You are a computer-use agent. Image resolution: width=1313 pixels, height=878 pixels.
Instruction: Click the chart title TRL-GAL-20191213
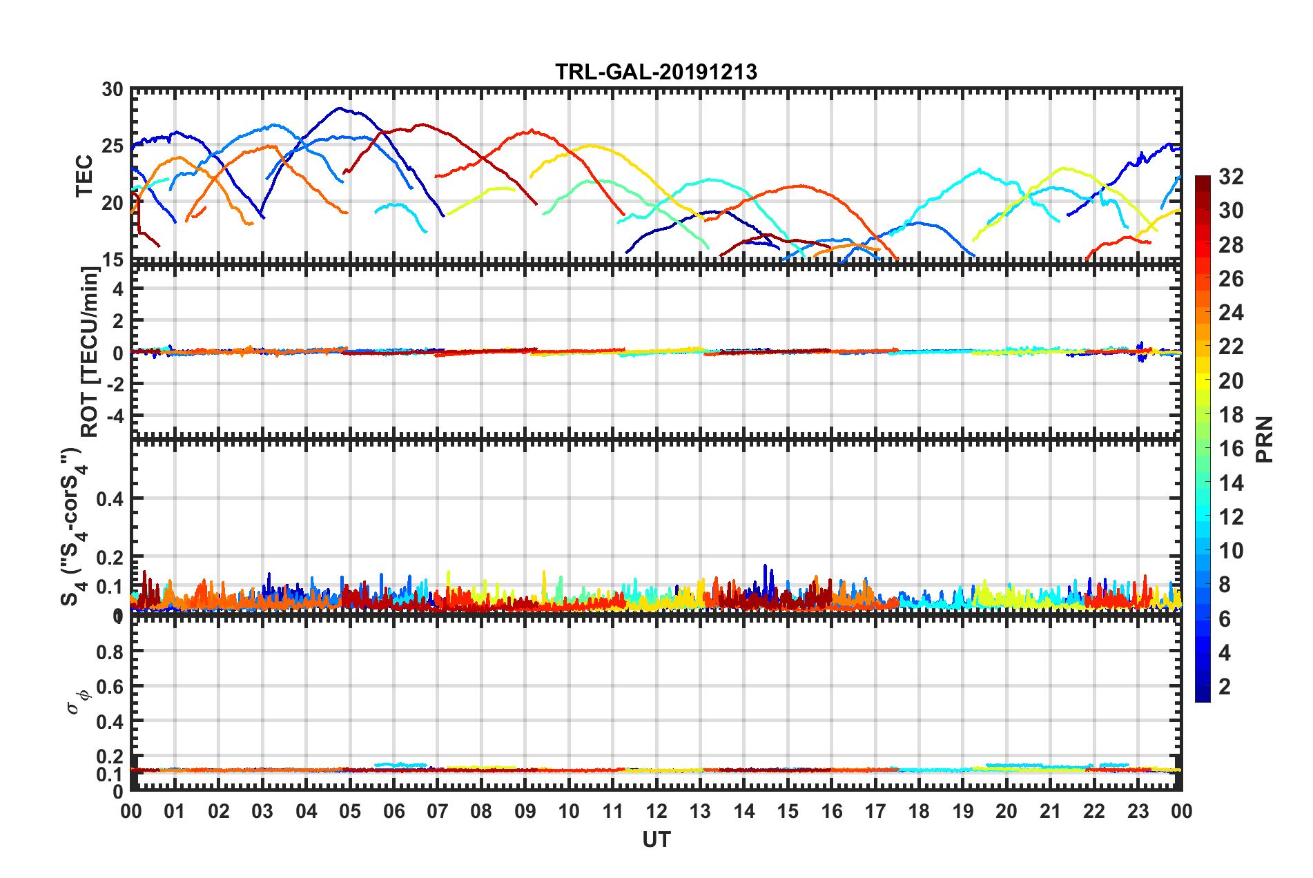656,72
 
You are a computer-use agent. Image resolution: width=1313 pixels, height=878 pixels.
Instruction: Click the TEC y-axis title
84,176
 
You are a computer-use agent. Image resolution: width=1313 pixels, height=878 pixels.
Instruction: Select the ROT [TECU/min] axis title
90,352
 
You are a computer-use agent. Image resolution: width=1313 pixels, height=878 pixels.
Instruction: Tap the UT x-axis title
656,839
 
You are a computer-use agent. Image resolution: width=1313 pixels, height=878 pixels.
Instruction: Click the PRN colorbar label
1265,440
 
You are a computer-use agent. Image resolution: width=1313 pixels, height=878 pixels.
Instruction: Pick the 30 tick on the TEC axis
112,90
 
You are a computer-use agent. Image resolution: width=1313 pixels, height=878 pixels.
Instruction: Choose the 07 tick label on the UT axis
437,811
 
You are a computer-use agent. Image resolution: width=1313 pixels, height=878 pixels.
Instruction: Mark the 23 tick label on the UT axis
1138,811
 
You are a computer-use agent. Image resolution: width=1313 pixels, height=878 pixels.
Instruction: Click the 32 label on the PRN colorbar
1231,177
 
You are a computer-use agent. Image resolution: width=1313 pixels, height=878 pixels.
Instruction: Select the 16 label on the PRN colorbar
1231,449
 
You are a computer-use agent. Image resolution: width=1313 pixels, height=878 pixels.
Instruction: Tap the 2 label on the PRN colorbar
1225,687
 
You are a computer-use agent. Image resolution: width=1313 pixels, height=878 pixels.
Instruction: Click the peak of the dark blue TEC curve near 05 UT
339,108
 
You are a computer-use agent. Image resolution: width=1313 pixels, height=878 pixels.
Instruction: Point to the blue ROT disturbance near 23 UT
1141,351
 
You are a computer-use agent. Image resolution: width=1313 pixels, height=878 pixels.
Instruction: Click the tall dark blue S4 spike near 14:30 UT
765,567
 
